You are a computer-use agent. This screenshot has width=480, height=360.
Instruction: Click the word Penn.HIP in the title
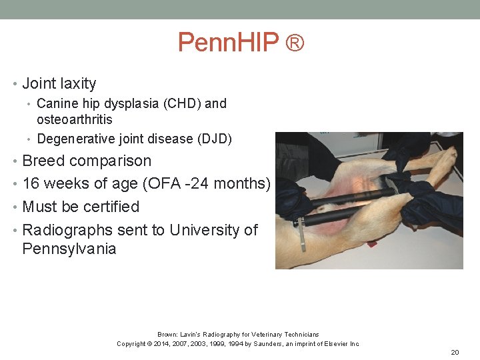click(228, 43)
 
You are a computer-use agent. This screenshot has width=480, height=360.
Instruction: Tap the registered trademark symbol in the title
click(295, 43)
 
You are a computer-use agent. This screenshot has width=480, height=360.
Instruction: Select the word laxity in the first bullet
click(79, 84)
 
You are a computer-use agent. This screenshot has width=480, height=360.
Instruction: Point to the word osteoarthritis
click(75, 120)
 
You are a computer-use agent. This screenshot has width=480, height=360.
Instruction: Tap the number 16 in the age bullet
click(31, 184)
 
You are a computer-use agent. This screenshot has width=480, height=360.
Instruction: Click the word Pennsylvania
click(69, 249)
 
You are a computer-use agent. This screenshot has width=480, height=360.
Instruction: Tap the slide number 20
click(455, 352)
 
